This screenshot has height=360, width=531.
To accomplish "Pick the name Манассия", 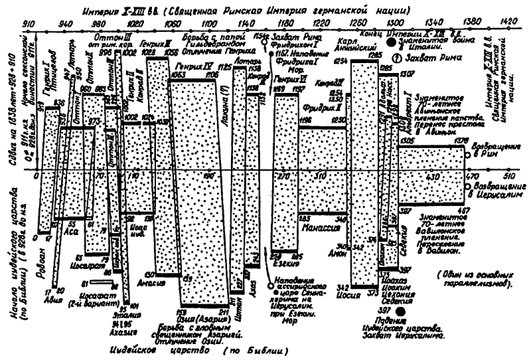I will tap(321, 226).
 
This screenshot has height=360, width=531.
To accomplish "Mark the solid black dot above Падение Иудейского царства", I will tap(400, 312).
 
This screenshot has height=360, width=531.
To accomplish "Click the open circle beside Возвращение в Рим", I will tap(469, 155).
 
